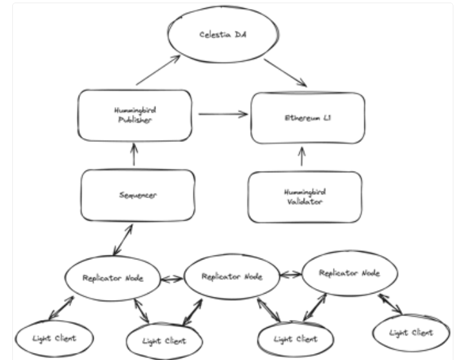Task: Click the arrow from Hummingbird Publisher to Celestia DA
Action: tap(158, 70)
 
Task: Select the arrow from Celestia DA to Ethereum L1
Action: tap(285, 73)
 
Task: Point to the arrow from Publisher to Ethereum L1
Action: tap(223, 114)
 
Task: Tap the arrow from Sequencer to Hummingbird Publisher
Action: tap(134, 154)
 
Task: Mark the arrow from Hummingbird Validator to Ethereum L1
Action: tap(302, 156)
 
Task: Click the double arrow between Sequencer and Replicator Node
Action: tap(123, 239)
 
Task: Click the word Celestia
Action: tap(215, 35)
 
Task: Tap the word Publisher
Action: tap(135, 120)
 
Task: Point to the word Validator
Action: tap(304, 202)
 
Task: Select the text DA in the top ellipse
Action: tap(241, 34)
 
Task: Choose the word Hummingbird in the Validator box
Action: tap(305, 192)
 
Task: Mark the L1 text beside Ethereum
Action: tap(327, 117)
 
